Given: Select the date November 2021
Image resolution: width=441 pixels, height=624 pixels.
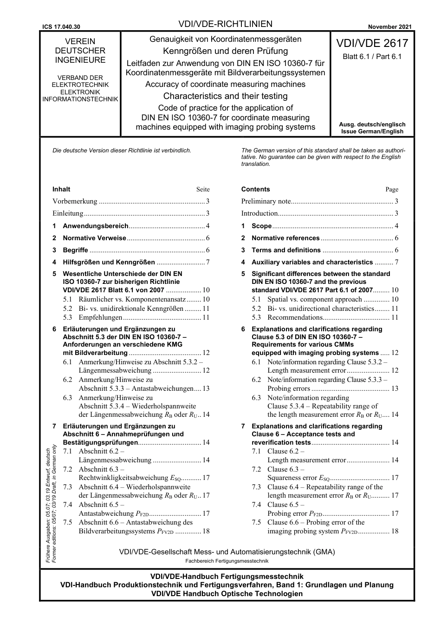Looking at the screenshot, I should tap(389, 27).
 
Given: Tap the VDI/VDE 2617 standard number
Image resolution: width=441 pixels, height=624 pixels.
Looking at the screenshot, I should tap(372, 44).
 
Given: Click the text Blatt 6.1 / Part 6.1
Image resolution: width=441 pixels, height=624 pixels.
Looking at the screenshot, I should tap(372, 57).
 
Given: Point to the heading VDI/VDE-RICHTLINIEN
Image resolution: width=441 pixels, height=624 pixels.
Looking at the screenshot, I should tap(225, 24).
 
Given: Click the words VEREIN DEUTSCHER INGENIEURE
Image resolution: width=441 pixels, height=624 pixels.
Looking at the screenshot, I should tap(80, 51).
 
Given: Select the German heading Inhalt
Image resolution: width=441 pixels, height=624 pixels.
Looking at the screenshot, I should tap(61, 189).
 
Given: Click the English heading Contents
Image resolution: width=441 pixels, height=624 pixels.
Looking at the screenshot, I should tap(255, 189).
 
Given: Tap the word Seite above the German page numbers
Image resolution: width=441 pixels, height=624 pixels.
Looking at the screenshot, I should tap(203, 190).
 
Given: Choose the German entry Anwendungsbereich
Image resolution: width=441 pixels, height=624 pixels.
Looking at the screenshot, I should tap(95, 226).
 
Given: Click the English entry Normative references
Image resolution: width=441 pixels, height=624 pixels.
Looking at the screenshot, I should tap(285, 238).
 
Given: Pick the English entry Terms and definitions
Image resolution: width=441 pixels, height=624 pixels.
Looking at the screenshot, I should tap(286, 250).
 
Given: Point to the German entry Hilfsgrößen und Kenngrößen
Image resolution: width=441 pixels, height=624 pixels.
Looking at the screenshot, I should tap(109, 262).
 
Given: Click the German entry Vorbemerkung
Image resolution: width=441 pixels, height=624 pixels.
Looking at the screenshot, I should tap(75, 201).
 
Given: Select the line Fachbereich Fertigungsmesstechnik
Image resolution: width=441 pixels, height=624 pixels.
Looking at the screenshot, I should tap(227, 561).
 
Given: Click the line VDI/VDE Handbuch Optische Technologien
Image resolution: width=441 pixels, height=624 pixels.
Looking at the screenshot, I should tap(227, 593).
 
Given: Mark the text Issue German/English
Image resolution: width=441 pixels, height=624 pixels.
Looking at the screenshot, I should tap(372, 131).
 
